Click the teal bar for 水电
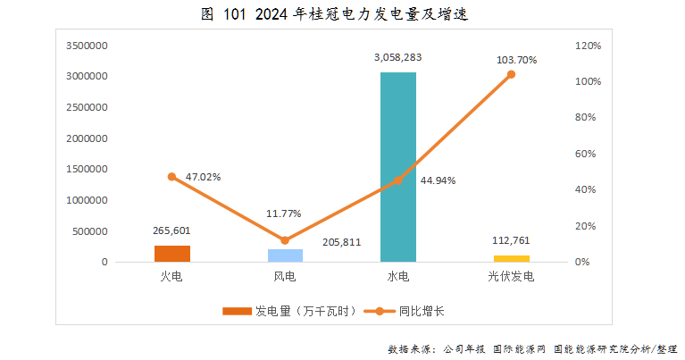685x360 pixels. point(397,167)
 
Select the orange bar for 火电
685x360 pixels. point(172,254)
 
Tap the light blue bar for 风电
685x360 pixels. point(285,255)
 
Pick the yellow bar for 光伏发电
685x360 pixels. point(511,259)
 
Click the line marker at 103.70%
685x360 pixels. point(511,74)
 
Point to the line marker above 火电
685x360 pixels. point(172,177)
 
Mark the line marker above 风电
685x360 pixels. point(285,240)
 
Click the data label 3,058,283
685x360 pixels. point(398,57)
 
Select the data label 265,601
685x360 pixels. point(172,230)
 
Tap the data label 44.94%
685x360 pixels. point(438,180)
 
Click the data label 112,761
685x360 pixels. point(511,240)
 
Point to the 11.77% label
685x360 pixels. point(284,213)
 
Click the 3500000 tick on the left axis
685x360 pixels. point(88,45)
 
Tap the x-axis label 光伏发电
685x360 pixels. point(511,277)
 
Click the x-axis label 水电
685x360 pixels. point(398,277)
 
